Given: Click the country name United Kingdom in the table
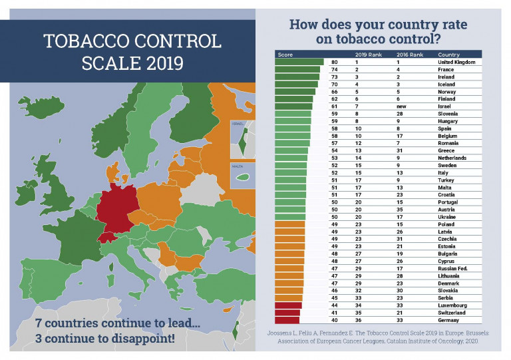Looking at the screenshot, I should (x=458, y=61).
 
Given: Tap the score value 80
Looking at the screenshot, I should (x=334, y=61).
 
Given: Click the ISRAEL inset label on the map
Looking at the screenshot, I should (x=238, y=124).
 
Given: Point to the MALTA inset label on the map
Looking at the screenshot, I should (x=237, y=167).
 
